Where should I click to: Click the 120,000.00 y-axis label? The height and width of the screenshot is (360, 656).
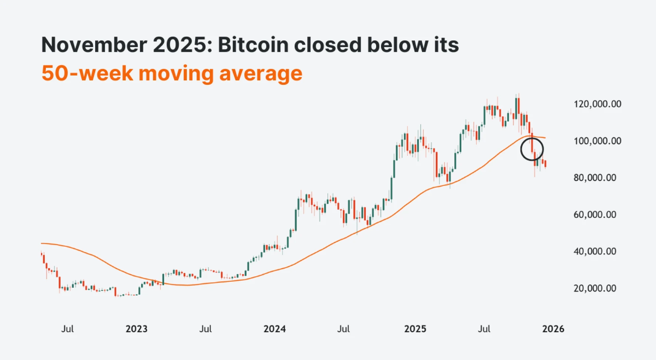coord(597,104)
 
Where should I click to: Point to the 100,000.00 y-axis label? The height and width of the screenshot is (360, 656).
coord(597,141)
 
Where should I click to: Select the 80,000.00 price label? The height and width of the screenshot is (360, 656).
coord(595,178)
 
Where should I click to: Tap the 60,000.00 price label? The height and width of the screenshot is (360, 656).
coord(595,215)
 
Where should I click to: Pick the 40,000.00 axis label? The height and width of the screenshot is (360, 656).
coord(595,251)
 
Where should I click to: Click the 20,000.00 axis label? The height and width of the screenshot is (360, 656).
coord(595,289)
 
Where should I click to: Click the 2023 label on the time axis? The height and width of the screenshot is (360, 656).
coord(136,329)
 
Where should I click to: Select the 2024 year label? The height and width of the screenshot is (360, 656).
coord(274,329)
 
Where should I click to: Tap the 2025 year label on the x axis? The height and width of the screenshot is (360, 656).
coord(415,329)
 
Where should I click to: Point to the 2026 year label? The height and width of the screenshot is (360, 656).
coord(553,329)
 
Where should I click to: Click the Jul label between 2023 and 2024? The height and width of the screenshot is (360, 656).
coord(205,329)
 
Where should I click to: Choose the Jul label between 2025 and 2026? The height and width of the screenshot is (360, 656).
coord(484,329)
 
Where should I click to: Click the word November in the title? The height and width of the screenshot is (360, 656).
coord(94,45)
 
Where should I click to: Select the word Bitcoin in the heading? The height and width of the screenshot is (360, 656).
coord(253,45)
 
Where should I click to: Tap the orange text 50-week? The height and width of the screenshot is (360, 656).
coord(87,73)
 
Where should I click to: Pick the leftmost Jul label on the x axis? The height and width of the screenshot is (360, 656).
coord(67,329)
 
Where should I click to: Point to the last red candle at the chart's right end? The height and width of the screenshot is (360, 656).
coord(545,164)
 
